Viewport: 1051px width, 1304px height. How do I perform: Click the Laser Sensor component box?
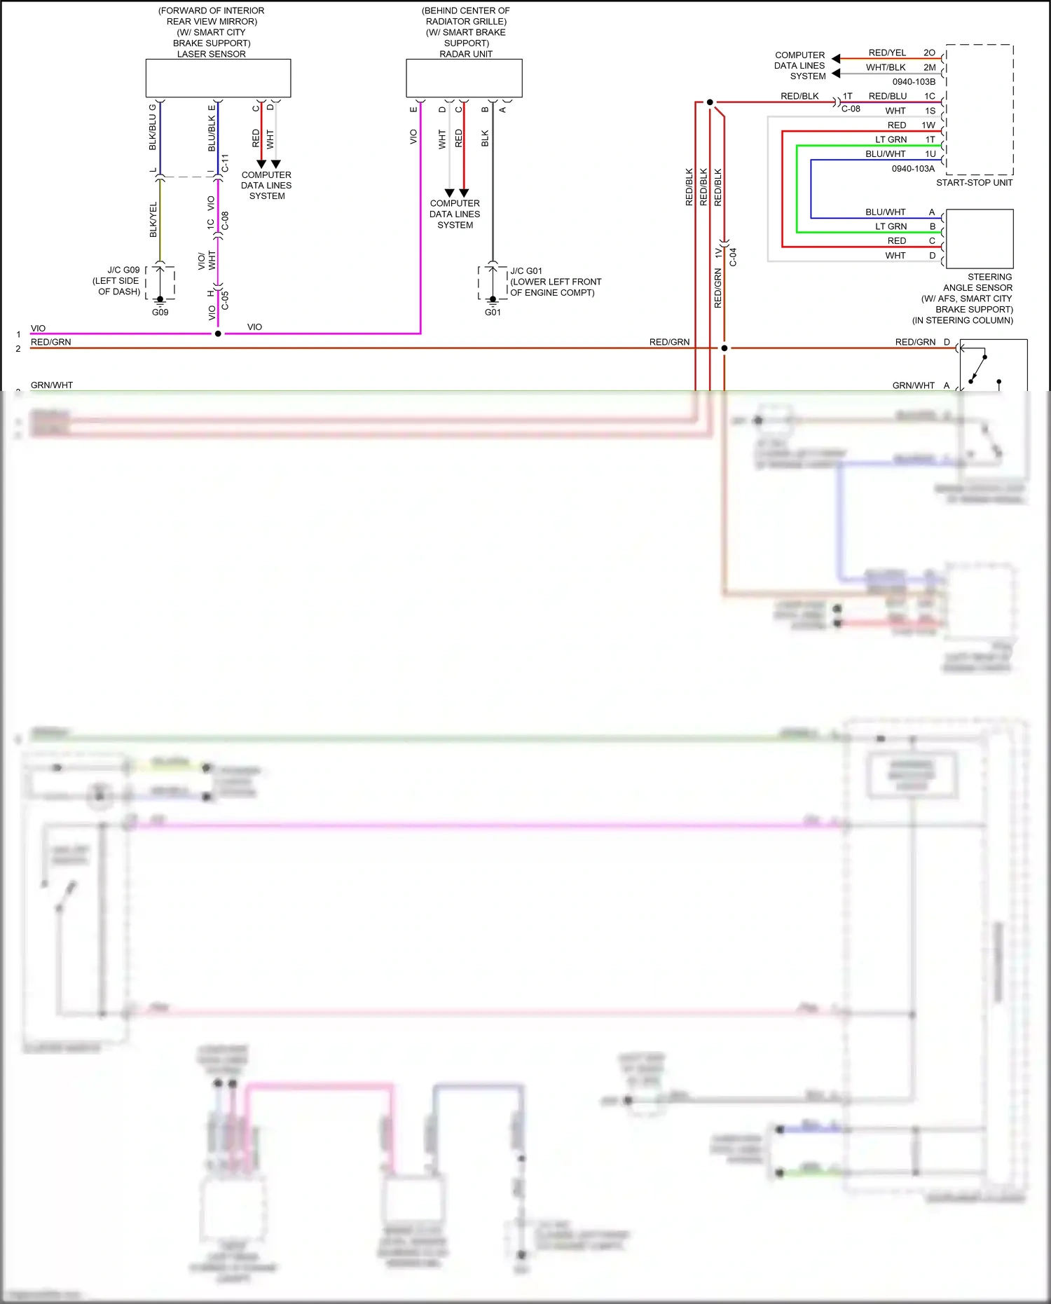218,78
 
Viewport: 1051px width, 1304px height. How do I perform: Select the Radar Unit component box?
464,78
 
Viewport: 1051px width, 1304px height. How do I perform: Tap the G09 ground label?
160,313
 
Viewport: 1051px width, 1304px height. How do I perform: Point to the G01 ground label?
493,313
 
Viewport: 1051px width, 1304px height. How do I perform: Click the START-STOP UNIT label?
974,183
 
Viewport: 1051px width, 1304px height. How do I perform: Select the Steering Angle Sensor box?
979,239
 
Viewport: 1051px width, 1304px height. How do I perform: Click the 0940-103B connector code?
914,82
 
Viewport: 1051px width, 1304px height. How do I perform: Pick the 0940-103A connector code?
913,169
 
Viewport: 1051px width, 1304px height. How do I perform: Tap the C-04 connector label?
733,257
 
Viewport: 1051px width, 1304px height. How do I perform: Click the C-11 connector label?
225,163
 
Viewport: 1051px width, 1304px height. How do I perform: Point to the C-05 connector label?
225,300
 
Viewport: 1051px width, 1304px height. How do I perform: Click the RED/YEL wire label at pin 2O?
887,53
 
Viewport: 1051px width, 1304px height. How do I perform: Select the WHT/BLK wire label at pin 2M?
886,68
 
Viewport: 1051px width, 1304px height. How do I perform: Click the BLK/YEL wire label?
153,220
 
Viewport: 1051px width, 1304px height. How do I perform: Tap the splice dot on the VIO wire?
218,334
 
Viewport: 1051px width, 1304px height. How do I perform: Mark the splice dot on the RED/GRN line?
724,348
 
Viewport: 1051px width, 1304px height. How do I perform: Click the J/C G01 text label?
526,271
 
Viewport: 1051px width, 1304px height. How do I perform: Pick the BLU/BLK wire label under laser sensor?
212,134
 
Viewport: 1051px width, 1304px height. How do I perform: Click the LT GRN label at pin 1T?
891,140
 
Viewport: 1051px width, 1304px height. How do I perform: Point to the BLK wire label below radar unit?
485,138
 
